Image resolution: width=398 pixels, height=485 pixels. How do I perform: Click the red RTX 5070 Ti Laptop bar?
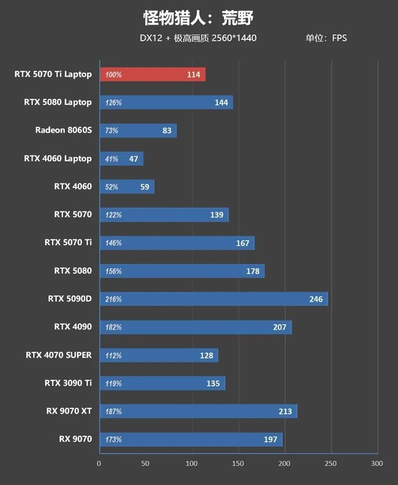pos(153,75)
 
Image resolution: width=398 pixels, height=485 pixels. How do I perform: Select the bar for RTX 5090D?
pos(214,299)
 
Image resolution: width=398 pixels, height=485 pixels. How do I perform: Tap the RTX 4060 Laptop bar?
pos(121,159)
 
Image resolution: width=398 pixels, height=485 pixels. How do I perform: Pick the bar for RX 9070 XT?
pos(199,411)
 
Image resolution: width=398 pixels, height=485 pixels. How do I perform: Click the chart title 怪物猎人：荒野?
pos(199,18)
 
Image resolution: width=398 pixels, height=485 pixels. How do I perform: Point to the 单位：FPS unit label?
pos(326,38)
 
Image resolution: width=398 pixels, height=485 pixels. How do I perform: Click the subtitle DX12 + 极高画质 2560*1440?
pos(198,38)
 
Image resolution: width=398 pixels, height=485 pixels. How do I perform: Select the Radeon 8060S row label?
pos(63,130)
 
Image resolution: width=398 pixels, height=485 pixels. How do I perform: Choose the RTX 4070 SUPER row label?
pos(59,355)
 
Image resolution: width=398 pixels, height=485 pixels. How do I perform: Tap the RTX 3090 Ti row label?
pos(68,383)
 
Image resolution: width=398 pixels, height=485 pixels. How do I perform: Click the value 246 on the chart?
pos(316,299)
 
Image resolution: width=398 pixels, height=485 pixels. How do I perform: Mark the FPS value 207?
pos(280,327)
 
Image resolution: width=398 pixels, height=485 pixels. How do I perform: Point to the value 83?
pos(167,131)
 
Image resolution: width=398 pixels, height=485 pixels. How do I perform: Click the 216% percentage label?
pos(113,299)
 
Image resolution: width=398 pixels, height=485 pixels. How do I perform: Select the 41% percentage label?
pos(112,159)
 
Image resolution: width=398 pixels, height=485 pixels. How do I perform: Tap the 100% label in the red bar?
pos(113,75)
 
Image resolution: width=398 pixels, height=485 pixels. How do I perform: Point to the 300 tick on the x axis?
pos(377,464)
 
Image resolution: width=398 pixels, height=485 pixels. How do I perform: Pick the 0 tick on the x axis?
pos(99,464)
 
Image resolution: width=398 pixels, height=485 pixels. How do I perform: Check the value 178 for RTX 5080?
pos(253,271)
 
